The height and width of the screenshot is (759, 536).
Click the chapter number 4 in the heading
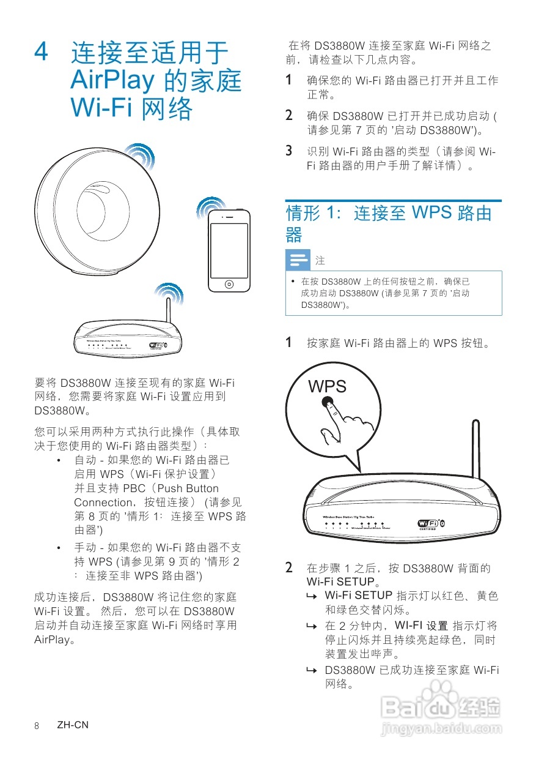(42, 52)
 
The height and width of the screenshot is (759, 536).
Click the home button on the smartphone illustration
(229, 284)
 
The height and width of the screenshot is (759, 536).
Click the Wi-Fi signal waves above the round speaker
(139, 157)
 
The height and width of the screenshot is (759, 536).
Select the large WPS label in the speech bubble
(328, 386)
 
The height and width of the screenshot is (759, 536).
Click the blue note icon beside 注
(298, 261)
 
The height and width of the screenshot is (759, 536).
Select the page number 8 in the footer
(37, 725)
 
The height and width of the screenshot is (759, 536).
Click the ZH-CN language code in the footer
(73, 725)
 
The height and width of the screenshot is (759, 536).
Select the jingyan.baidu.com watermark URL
(440, 729)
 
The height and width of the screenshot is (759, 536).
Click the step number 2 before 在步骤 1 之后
(290, 567)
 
